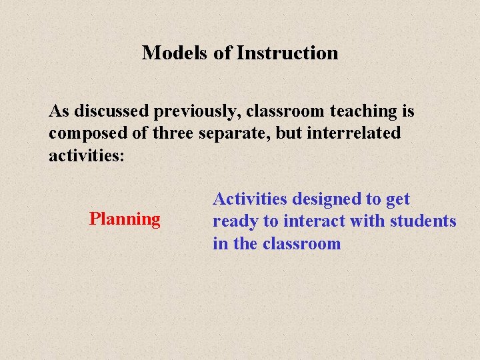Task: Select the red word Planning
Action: point(125,219)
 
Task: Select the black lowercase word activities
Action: point(87,155)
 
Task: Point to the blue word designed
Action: point(323,199)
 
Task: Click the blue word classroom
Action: point(301,243)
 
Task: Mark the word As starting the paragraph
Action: point(59,111)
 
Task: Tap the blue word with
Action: point(363,221)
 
